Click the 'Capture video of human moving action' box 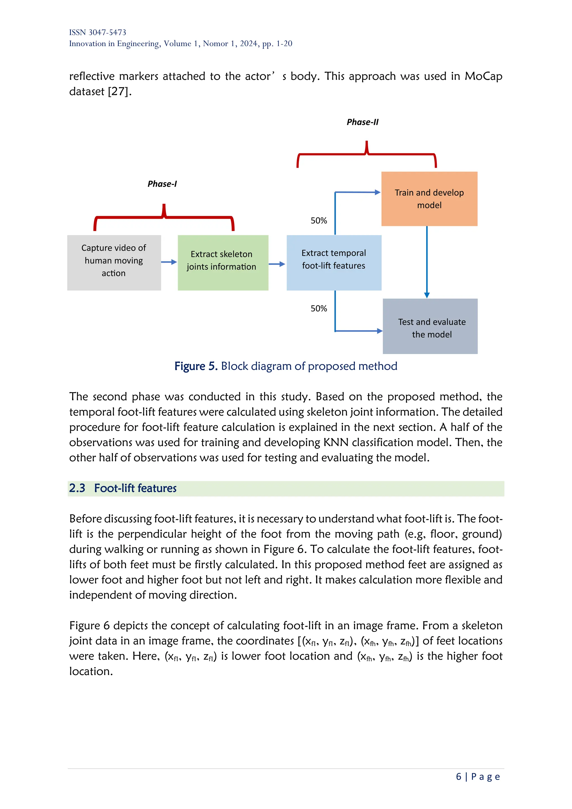click(114, 263)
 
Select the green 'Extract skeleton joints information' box click(223, 263)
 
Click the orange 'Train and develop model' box click(429, 199)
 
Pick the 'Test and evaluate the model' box click(430, 326)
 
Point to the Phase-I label click(162, 184)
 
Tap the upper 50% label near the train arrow click(318, 221)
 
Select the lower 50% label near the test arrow click(318, 309)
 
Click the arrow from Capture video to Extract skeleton click(169, 262)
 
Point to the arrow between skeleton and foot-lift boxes click(277, 264)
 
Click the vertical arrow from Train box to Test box click(427, 263)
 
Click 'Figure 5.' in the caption click(196, 366)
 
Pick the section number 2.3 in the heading click(77, 488)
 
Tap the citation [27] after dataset click(120, 92)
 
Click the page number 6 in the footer click(458, 777)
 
